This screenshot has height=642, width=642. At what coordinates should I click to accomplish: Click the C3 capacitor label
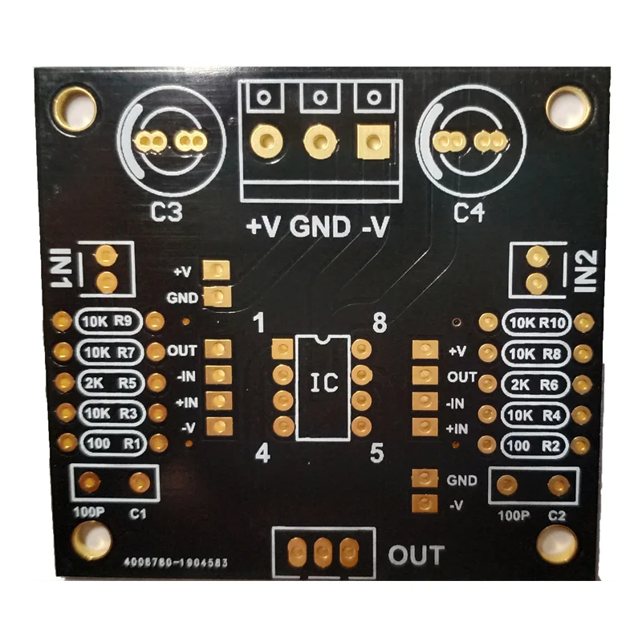tap(167, 213)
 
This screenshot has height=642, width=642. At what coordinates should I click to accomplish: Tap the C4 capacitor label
tap(470, 213)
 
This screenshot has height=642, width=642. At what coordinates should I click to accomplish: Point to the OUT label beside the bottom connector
tap(416, 555)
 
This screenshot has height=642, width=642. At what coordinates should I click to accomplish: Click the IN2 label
tap(587, 270)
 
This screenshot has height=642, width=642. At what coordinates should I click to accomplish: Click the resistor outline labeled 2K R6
tap(536, 384)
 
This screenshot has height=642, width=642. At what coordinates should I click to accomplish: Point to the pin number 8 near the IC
tap(380, 323)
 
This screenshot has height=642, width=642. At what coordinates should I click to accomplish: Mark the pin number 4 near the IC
tap(262, 454)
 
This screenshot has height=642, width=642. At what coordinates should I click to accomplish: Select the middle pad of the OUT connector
tap(323, 552)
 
